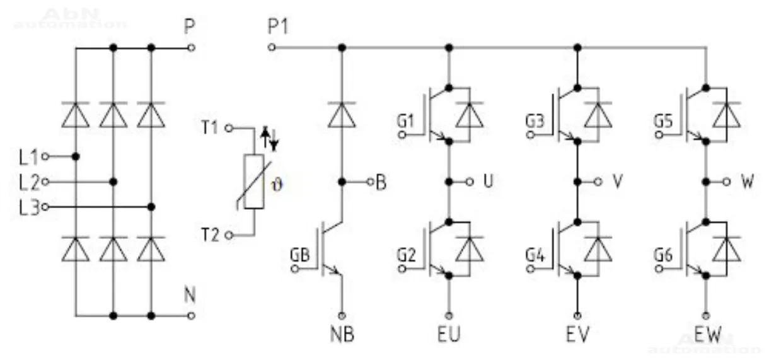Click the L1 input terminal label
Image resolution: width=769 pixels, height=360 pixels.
tap(29, 156)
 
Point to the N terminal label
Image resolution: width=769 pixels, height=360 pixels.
tap(189, 294)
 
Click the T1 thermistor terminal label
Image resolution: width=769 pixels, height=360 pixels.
tap(212, 129)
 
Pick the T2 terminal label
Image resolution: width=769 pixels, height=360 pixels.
tap(212, 235)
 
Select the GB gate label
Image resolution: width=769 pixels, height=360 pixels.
tap(299, 256)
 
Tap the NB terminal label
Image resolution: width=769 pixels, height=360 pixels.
tap(342, 334)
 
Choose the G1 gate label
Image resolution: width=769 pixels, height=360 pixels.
tap(407, 120)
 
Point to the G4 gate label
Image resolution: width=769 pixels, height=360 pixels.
tap(536, 256)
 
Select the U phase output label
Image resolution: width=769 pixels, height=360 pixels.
tap(488, 182)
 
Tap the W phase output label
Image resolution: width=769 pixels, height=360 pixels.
tap(747, 182)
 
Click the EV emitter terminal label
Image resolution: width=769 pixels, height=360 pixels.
tap(577, 334)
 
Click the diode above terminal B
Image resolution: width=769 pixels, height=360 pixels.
tap(342, 114)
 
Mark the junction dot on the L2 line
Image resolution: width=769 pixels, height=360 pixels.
tap(113, 182)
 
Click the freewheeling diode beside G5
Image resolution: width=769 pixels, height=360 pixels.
tap(729, 115)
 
